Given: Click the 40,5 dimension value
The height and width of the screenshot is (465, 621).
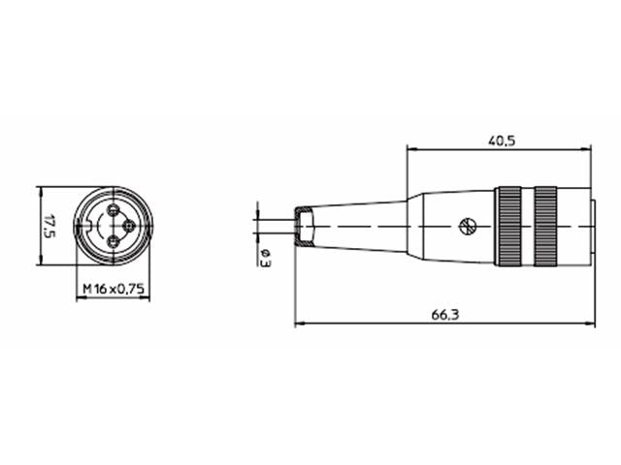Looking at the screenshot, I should (x=502, y=140).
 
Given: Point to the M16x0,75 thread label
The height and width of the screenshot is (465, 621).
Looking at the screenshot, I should (x=113, y=289).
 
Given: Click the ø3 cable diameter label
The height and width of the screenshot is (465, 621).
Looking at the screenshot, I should (x=265, y=256).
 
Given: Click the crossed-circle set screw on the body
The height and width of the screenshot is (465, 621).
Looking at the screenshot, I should (x=467, y=228).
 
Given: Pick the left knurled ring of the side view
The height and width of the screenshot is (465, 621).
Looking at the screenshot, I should (x=509, y=226).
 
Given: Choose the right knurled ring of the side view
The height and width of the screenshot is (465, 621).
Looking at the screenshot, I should (x=545, y=226).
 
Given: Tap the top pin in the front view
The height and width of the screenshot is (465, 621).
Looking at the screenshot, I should (x=113, y=210).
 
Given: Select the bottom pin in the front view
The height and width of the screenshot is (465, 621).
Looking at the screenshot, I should (x=113, y=241).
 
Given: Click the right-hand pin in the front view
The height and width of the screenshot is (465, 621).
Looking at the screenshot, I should (x=129, y=226).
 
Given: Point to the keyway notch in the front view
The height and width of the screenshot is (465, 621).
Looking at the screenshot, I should (x=92, y=226).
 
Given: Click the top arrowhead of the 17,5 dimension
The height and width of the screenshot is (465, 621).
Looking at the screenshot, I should (x=40, y=191).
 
